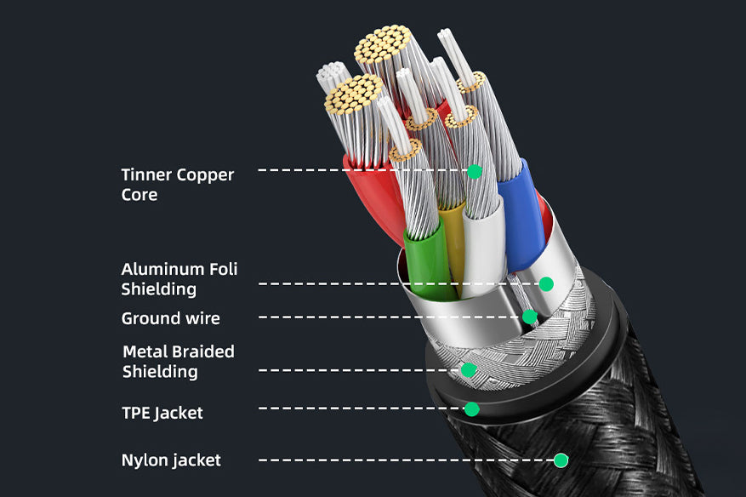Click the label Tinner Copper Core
(177, 185)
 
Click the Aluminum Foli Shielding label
(179, 279)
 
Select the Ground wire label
(170, 318)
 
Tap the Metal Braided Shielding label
(178, 362)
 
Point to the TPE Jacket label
(162, 413)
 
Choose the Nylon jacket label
(171, 460)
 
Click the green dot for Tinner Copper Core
(475, 171)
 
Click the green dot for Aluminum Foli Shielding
(546, 283)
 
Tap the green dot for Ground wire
(529, 317)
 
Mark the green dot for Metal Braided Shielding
(468, 369)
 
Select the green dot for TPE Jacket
(471, 408)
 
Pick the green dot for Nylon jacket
(561, 460)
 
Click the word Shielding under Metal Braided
(160, 372)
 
